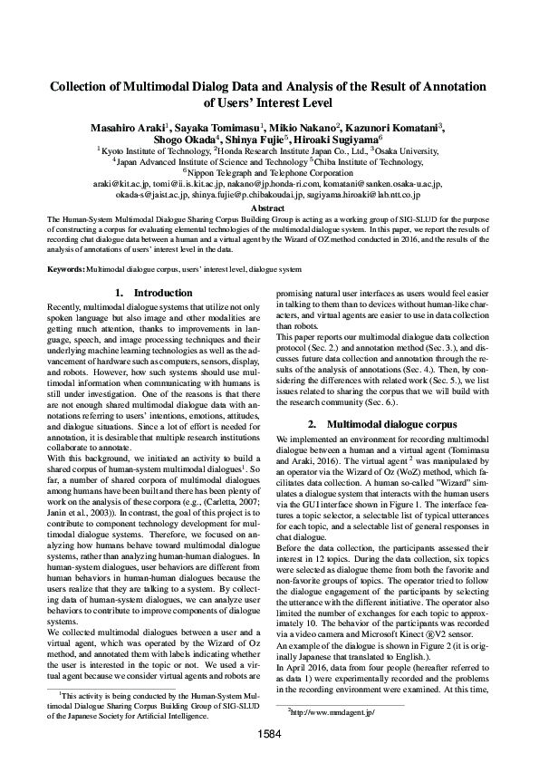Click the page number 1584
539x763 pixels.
pos(269,732)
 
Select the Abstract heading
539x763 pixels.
pos(268,208)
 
